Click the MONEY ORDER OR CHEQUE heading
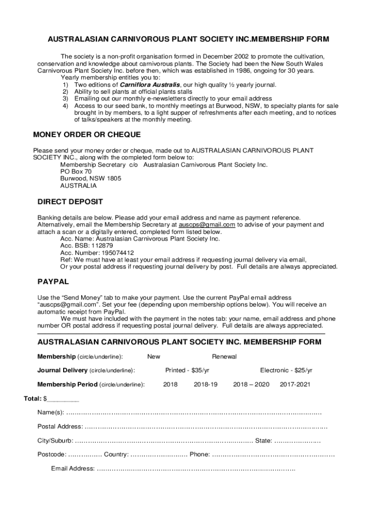tap(87, 135)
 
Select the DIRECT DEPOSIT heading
tap(70, 202)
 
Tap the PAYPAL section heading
tap(53, 282)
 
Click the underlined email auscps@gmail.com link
tap(207, 225)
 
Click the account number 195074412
tap(110, 253)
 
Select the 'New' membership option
tap(153, 357)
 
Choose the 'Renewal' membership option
tap(224, 357)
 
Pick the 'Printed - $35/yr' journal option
tap(187, 370)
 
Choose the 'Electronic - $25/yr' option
tap(286, 370)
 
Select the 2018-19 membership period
tap(206, 384)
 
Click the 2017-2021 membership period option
tap(295, 384)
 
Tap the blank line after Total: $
tap(63, 400)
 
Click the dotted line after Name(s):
tap(194, 413)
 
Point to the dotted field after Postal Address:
tap(206, 427)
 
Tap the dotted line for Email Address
tap(196, 469)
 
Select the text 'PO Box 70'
tap(76, 171)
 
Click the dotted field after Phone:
tap(273, 455)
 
